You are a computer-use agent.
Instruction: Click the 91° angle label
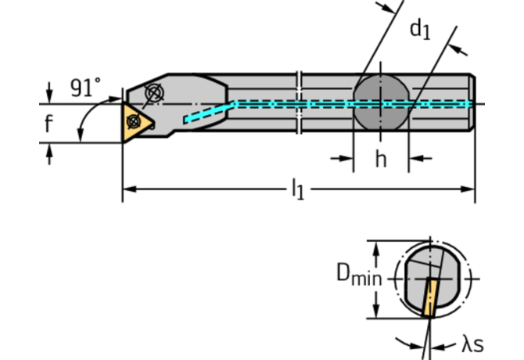(x=86, y=87)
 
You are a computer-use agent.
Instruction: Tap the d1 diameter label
(x=420, y=30)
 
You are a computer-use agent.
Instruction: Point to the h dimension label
(x=381, y=159)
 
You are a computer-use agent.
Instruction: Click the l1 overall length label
(x=297, y=189)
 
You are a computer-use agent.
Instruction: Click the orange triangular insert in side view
(x=135, y=122)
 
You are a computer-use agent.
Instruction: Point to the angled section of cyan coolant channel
(x=210, y=112)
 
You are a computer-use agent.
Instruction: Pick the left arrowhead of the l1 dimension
(x=127, y=189)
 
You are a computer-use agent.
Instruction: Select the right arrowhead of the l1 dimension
(x=469, y=189)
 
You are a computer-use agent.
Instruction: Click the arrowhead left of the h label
(x=347, y=159)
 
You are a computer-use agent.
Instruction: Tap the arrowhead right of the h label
(x=415, y=159)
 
